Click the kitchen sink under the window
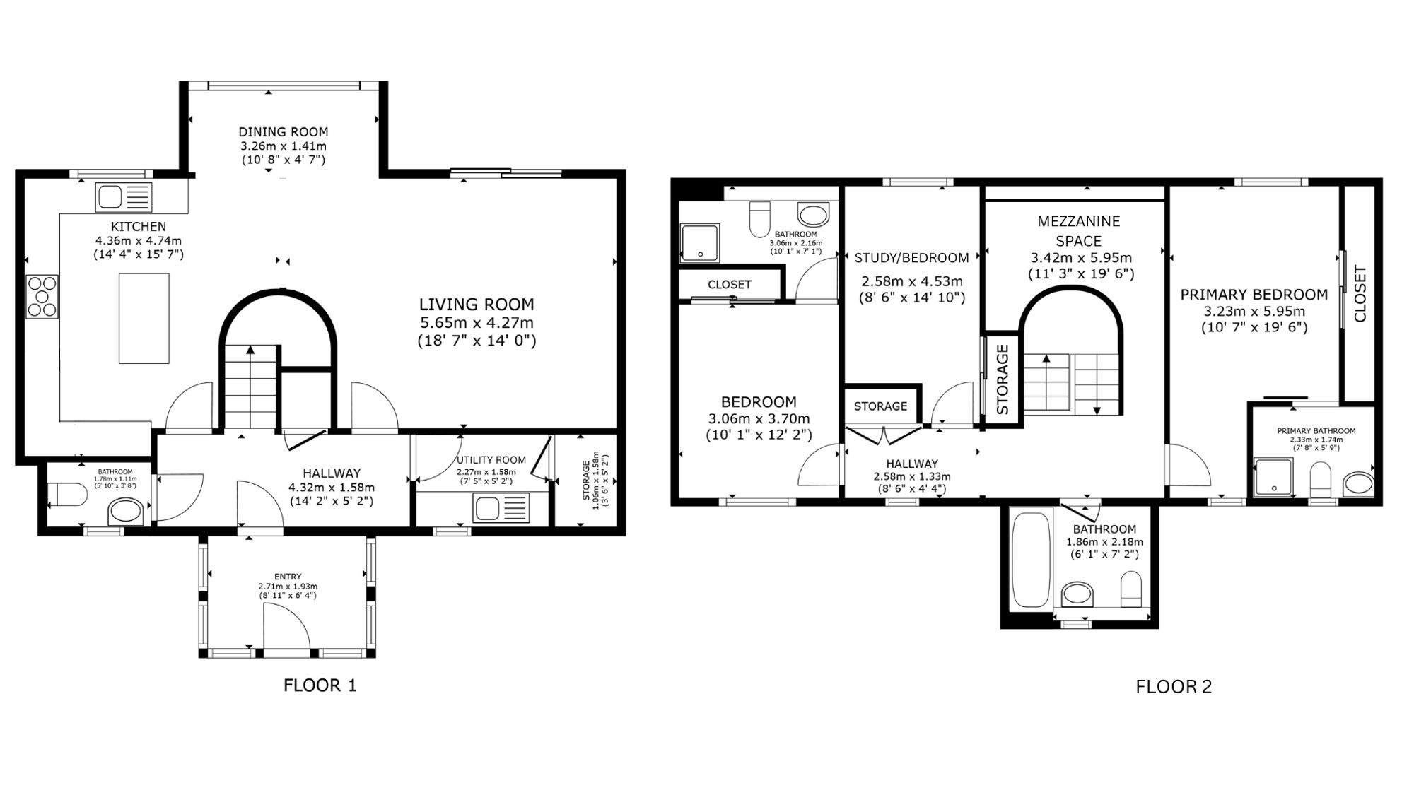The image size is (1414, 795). tap(124, 196)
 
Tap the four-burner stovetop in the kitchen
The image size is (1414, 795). tap(42, 296)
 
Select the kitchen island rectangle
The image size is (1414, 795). tap(144, 318)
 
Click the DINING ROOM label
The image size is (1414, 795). tap(283, 132)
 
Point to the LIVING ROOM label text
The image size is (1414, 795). tap(477, 305)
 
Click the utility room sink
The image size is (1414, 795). tap(501, 507)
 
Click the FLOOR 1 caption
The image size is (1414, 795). tap(320, 685)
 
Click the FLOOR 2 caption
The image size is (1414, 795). tap(1174, 687)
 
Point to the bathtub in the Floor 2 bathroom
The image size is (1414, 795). tap(1032, 561)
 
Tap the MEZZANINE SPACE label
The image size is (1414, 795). tap(1079, 230)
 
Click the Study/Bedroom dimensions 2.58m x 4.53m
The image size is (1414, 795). tap(911, 281)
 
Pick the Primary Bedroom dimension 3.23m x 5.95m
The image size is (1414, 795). tap(1254, 312)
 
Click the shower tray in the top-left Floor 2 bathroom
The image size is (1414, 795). tap(699, 242)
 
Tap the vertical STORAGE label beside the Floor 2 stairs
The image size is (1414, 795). tap(1003, 379)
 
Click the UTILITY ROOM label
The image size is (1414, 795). tap(491, 460)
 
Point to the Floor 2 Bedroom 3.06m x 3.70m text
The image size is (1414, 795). tap(759, 419)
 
